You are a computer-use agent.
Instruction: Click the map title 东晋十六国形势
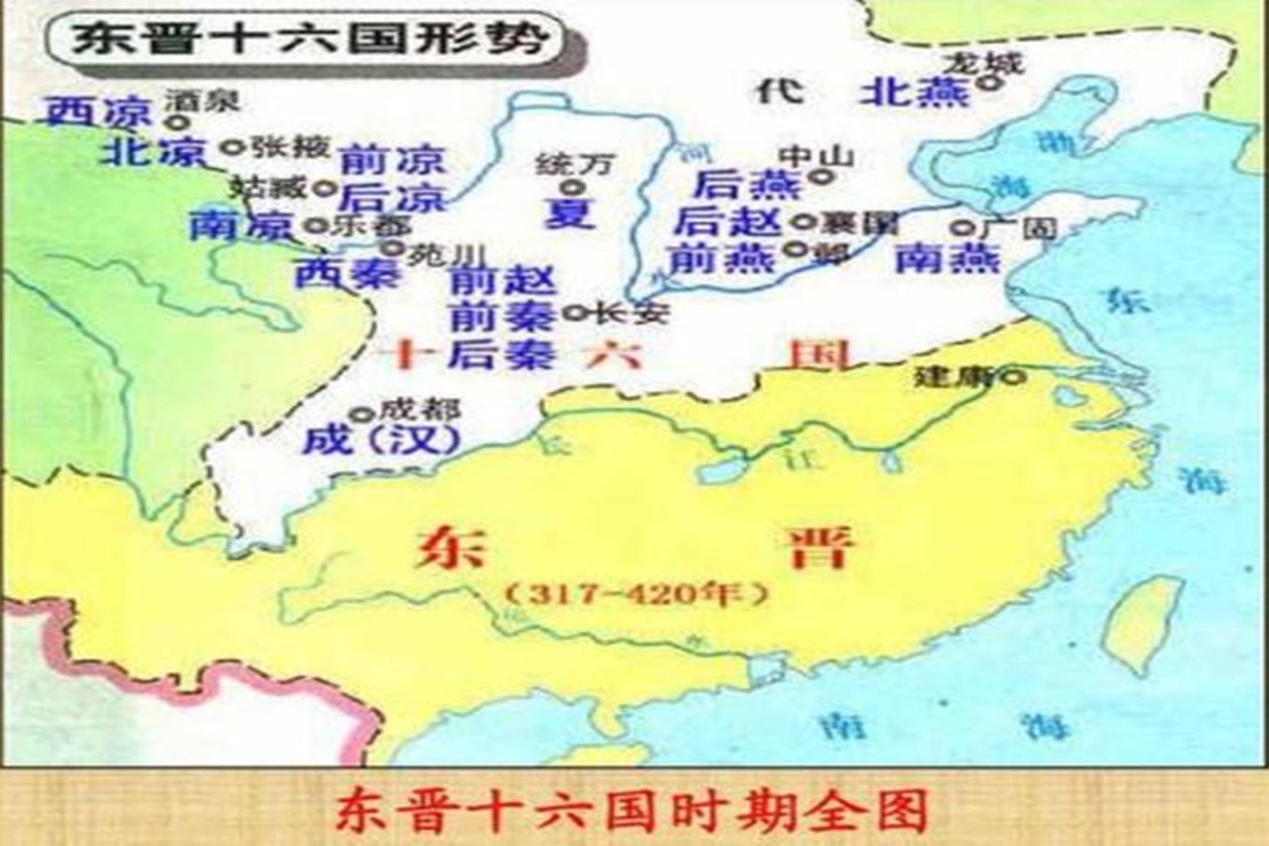[x=309, y=39]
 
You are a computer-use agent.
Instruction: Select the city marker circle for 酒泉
[x=179, y=122]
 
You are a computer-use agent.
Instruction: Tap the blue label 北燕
[x=914, y=92]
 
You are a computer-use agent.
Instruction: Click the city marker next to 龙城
[x=991, y=81]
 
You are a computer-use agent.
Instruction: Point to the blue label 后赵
[x=728, y=222]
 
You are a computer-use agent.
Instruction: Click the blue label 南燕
[x=947, y=258]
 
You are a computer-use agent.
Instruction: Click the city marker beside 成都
[x=361, y=414]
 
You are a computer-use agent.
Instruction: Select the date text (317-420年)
[x=634, y=595]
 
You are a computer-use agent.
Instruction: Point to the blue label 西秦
[x=347, y=273]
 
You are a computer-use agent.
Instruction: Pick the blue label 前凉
[x=392, y=161]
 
